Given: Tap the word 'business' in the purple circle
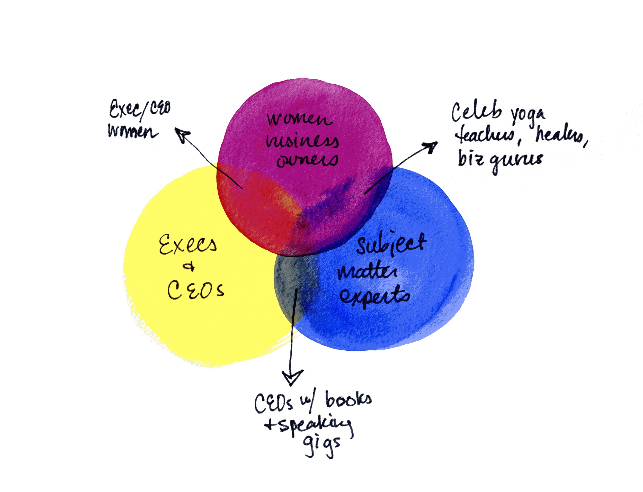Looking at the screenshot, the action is pos(302,141).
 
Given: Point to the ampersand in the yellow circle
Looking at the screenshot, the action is pos(189,266).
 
